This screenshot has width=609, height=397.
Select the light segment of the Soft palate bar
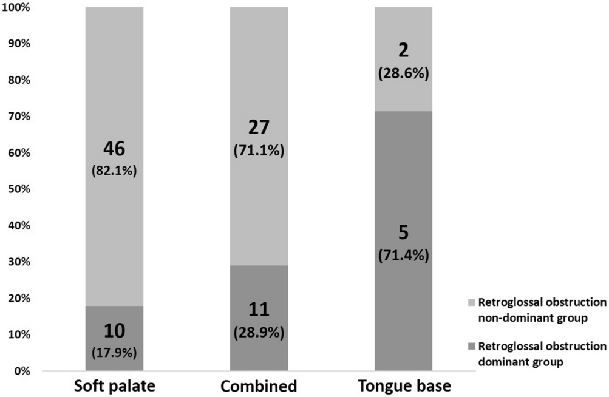pos(114,91)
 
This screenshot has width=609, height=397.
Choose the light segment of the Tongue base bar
pos(403,36)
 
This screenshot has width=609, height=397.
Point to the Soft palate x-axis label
pos(114,387)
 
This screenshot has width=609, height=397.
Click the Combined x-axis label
pos(259,387)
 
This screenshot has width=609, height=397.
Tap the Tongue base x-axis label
pos(403,387)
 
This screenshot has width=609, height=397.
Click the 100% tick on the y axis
pos(19,8)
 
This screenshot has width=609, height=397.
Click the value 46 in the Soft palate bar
pos(114,149)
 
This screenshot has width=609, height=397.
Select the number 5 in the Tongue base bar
pos(403,234)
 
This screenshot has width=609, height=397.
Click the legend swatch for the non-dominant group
pos(472,302)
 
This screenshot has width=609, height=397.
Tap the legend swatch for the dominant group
pos(472,346)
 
